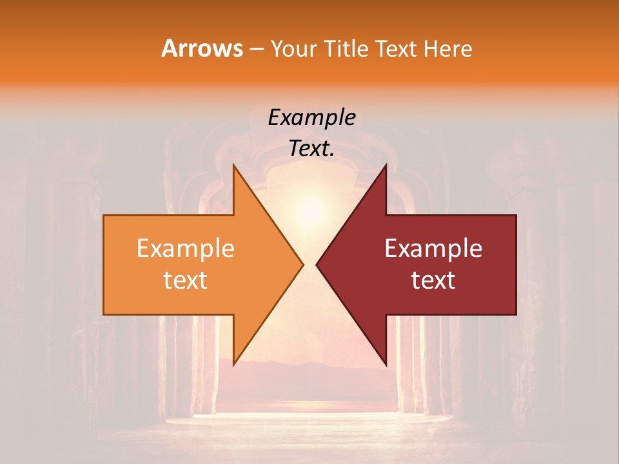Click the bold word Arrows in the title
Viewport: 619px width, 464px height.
(x=202, y=48)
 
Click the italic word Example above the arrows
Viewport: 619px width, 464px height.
(x=311, y=118)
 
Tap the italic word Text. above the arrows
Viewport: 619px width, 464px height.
(x=311, y=149)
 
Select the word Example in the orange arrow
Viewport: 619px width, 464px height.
(x=185, y=248)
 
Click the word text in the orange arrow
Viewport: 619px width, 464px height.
(x=185, y=280)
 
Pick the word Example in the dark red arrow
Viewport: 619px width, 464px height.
(x=433, y=248)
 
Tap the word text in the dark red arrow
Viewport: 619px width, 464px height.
(x=433, y=280)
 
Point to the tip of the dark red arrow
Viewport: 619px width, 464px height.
(x=318, y=264)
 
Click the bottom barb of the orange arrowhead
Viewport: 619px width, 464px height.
(x=235, y=362)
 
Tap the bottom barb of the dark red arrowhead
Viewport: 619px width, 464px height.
(x=385, y=362)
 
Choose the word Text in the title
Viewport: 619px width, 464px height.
(x=397, y=49)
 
